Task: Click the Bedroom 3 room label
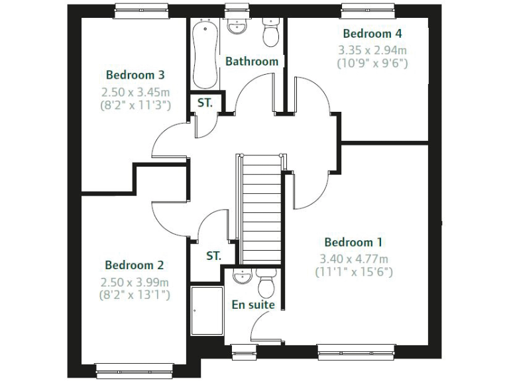[x=135, y=75]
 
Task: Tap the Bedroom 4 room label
[x=372, y=33]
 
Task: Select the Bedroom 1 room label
[x=353, y=242]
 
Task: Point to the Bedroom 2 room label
[x=134, y=265]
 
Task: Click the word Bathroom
[x=252, y=62]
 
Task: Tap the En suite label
[x=253, y=305]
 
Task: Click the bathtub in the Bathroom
[x=205, y=54]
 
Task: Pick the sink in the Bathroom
[x=236, y=26]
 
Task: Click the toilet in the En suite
[x=266, y=284]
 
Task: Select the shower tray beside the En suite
[x=206, y=310]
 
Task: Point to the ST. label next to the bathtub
[x=204, y=103]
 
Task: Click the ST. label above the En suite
[x=213, y=256]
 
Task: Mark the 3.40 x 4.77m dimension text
[x=353, y=258]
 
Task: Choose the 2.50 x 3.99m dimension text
[x=134, y=282]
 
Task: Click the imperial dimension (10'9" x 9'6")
[x=372, y=63]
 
